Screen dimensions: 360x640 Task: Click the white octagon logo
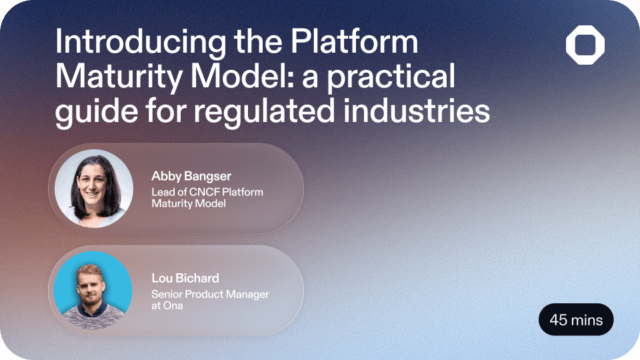pyautogui.click(x=585, y=47)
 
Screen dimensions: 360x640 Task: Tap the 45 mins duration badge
pyautogui.click(x=576, y=320)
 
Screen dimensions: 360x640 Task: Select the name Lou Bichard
pyautogui.click(x=185, y=278)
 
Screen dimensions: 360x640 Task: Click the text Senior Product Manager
pyautogui.click(x=210, y=295)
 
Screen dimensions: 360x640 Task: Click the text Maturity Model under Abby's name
pyautogui.click(x=189, y=203)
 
